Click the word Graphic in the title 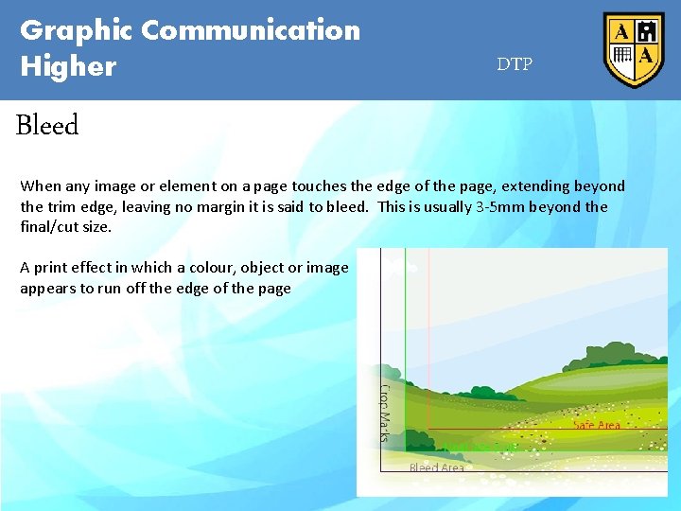point(77,31)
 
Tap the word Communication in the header point(251,30)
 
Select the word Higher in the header point(68,67)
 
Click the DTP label point(515,64)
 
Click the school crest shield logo point(634,49)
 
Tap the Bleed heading point(47,125)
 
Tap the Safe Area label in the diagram point(596,425)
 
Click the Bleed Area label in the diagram point(436,467)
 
